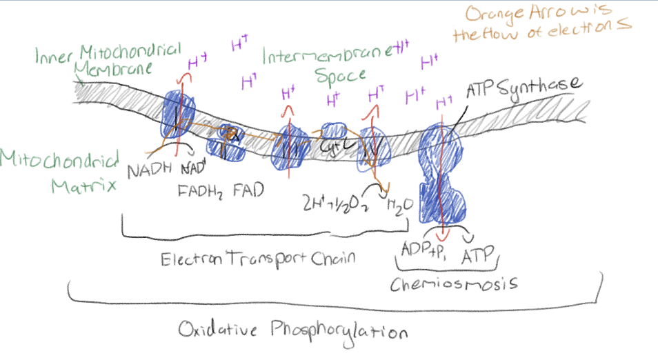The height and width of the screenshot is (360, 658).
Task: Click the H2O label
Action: (x=396, y=206)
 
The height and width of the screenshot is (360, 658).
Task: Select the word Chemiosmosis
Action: (x=455, y=283)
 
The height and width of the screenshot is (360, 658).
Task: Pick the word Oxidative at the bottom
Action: (x=212, y=328)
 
